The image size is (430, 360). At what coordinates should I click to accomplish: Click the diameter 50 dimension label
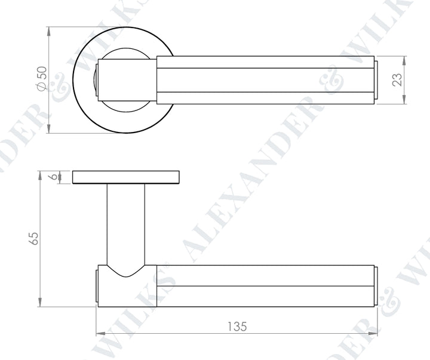click(41, 79)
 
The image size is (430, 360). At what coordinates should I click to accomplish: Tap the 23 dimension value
click(397, 80)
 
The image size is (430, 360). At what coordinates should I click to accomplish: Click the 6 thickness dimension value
click(54, 177)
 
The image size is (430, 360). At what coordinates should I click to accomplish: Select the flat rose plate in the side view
click(126, 177)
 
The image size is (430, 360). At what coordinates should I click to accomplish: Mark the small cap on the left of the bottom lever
click(96, 286)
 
